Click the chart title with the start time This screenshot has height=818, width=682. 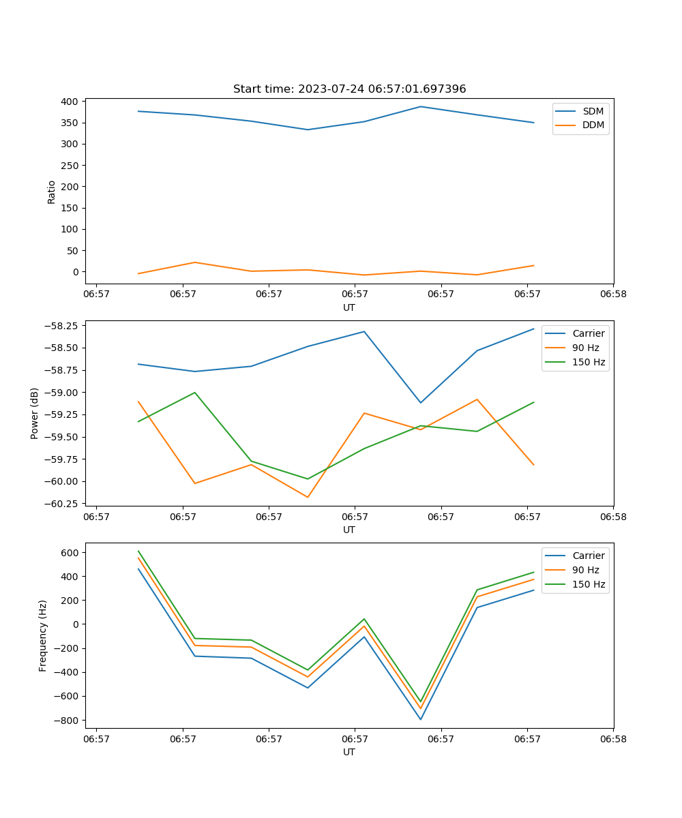point(349,89)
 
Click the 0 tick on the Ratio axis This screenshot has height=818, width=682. point(76,271)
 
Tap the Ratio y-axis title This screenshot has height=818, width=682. point(52,192)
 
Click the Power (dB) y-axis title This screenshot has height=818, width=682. point(35,413)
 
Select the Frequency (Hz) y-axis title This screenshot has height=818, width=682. point(43,635)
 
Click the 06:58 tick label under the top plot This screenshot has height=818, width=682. point(612,294)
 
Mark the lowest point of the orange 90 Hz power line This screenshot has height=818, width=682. point(308,497)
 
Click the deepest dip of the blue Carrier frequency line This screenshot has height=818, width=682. point(420,719)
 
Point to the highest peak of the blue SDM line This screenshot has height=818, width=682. point(421,106)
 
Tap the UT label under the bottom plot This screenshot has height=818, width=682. point(349,752)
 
